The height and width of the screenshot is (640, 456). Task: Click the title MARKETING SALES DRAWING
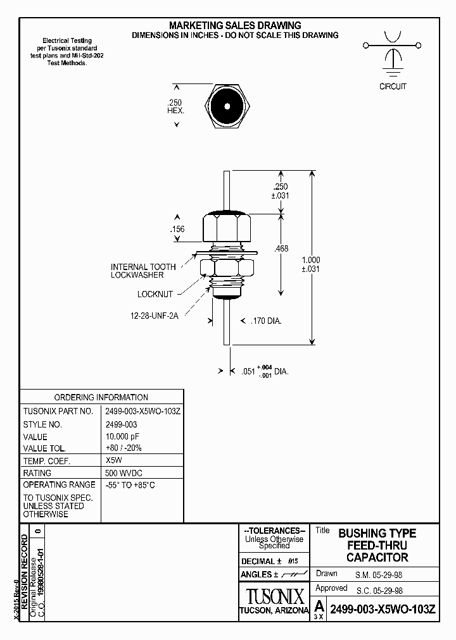pyautogui.click(x=235, y=25)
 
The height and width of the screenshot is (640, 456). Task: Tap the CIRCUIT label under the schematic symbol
pyautogui.click(x=393, y=87)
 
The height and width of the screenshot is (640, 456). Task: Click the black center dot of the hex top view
pyautogui.click(x=226, y=106)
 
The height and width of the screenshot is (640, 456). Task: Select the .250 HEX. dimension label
pyautogui.click(x=175, y=106)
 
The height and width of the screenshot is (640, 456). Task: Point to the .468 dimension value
pyautogui.click(x=281, y=249)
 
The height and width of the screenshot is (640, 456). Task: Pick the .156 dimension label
pyautogui.click(x=177, y=229)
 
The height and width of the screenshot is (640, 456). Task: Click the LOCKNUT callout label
pyautogui.click(x=155, y=295)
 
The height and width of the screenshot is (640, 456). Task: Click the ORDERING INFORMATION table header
pyautogui.click(x=101, y=397)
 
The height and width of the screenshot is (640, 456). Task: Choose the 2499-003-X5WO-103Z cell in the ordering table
pyautogui.click(x=143, y=411)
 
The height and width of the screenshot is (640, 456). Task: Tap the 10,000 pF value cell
pyautogui.click(x=123, y=437)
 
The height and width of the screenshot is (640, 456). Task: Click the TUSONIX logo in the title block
pyautogui.click(x=274, y=596)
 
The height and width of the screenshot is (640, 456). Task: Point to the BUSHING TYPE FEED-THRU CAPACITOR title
pyautogui.click(x=377, y=545)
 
